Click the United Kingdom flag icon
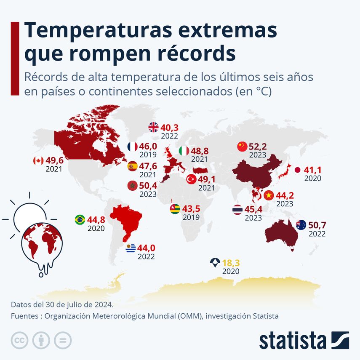(x=154, y=127)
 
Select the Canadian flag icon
(x=38, y=161)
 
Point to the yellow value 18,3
(x=231, y=264)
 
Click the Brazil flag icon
(x=79, y=219)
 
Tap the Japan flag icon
(x=297, y=170)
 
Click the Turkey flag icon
(x=191, y=179)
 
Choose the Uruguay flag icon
(x=131, y=248)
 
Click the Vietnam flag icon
(x=269, y=195)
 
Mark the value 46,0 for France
(x=148, y=147)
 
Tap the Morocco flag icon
(x=132, y=186)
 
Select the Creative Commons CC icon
(x=19, y=340)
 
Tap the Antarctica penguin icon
(x=215, y=264)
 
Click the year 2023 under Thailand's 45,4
(x=253, y=218)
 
